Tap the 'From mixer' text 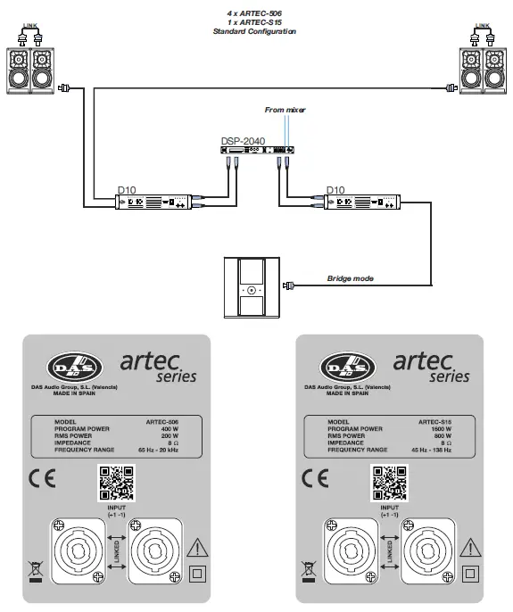[285, 109]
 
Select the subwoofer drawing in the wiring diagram [252, 286]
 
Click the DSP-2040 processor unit [254, 153]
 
